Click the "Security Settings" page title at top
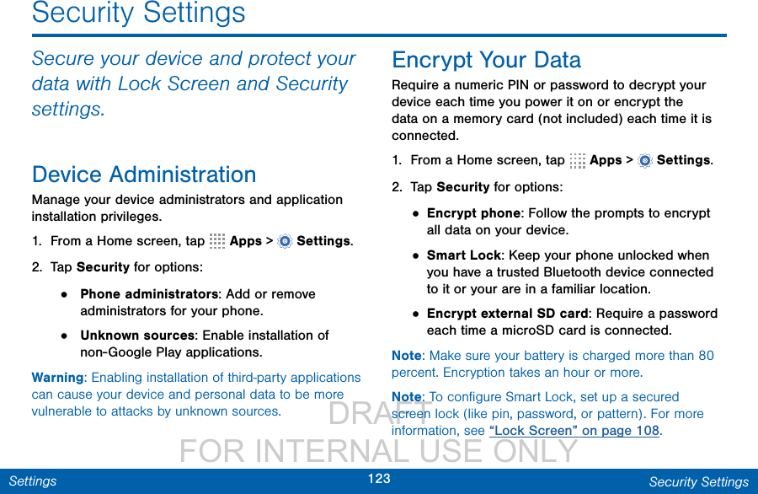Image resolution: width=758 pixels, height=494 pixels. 139,13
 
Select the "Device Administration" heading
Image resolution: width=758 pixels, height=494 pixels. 144,175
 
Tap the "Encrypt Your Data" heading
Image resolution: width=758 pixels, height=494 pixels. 486,61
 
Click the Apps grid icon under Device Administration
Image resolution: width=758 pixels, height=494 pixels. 217,241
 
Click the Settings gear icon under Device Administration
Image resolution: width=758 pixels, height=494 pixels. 286,241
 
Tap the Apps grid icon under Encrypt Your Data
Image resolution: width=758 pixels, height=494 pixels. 577,161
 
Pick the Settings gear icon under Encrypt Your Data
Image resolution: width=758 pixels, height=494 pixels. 645,161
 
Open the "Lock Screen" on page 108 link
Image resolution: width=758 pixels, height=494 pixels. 574,431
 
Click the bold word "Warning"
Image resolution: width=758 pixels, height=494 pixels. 57,378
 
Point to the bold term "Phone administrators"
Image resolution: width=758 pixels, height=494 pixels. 149,294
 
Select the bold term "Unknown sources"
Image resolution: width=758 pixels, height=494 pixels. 137,336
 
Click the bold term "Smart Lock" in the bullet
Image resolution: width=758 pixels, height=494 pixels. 463,255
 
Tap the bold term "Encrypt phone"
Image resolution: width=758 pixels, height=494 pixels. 473,213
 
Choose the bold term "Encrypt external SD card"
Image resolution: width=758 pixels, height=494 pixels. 508,314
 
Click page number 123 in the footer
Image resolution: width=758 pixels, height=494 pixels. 379,479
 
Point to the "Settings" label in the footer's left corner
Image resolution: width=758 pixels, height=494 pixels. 33,481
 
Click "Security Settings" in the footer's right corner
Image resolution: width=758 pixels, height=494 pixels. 698,482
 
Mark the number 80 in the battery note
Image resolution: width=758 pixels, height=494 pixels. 706,356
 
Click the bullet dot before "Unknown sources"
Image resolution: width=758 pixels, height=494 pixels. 64,336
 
